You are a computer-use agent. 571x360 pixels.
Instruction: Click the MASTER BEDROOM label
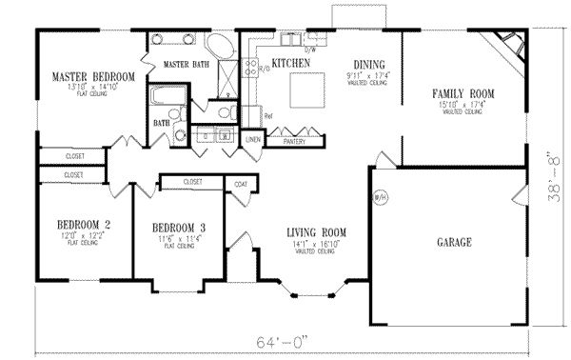pos(92,76)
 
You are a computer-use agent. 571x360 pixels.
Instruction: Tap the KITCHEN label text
pos(291,63)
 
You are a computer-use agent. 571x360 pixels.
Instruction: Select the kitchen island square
pos(306,90)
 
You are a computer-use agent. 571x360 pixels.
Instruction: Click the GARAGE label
pos(454,243)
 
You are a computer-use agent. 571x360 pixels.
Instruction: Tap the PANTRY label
pos(295,141)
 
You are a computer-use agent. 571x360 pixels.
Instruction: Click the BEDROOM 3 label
pos(180,228)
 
